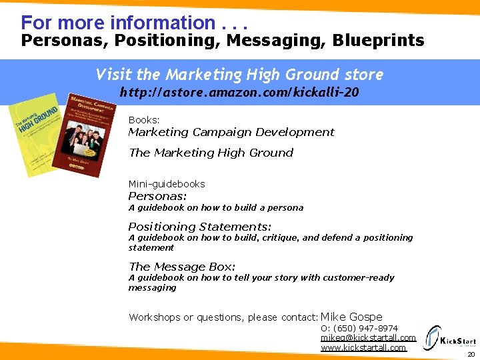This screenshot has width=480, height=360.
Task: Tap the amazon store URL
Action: (239, 93)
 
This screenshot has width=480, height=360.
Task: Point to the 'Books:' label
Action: (144, 120)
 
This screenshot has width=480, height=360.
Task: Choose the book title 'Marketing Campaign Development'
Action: (231, 132)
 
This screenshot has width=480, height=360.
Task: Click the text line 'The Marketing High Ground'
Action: (211, 153)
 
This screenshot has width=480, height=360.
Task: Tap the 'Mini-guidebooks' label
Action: (167, 184)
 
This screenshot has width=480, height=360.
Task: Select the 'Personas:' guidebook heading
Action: (157, 196)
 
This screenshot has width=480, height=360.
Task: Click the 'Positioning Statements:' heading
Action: (200, 227)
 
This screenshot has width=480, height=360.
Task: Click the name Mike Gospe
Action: (351, 317)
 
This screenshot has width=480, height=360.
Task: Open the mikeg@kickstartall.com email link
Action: (368, 338)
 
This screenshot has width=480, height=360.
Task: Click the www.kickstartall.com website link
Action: (363, 347)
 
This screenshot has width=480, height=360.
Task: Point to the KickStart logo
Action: (451, 339)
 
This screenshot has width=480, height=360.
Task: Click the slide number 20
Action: (471, 355)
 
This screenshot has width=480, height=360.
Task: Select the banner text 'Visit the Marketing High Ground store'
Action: (239, 74)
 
